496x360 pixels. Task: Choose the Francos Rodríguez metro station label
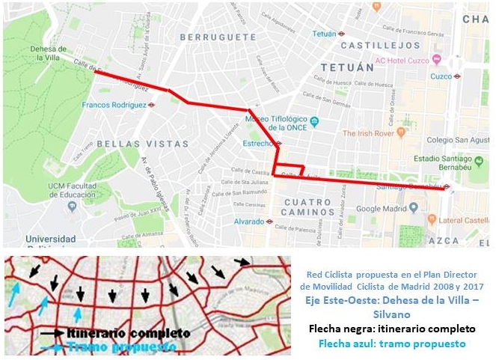(114, 106)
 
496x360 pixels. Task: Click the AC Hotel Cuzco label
(407, 60)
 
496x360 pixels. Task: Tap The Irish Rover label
(367, 133)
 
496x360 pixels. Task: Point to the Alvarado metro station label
(249, 222)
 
